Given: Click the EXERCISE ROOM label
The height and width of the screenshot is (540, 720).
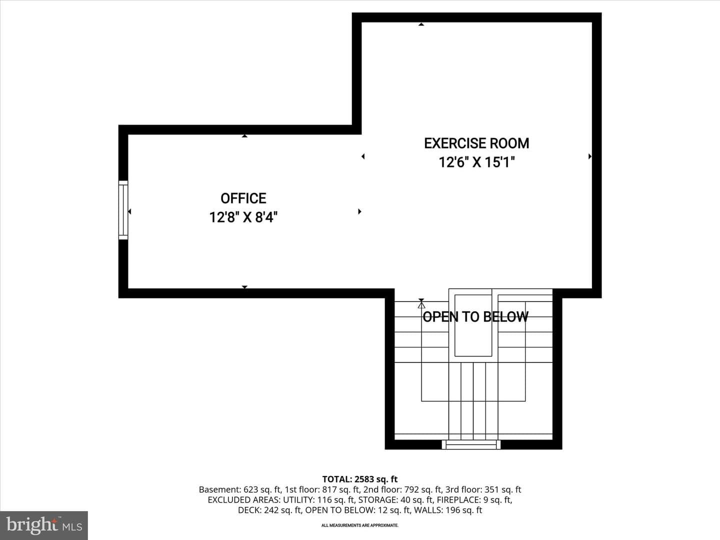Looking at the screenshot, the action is click(476, 143).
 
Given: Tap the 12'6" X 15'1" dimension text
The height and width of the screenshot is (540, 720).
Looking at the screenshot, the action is click(476, 162).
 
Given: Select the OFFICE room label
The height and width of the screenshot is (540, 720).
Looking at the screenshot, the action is click(243, 198).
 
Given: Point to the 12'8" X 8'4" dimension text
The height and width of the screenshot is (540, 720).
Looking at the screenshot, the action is click(243, 217).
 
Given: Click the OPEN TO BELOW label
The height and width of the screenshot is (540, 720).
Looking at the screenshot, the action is click(475, 316).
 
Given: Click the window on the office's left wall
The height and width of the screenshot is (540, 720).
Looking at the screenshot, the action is click(123, 210).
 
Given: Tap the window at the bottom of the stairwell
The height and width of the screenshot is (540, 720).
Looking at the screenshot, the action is click(471, 444).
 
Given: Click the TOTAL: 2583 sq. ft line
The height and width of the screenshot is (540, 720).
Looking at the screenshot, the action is click(360, 479).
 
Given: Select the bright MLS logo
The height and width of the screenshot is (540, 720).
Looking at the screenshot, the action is click(44, 525).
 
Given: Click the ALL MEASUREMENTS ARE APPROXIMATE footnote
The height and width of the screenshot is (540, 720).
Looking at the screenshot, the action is click(360, 525).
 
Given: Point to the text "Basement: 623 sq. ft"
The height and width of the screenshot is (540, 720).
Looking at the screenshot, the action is click(240, 490).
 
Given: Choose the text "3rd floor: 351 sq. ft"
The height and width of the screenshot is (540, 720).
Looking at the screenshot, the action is click(483, 490).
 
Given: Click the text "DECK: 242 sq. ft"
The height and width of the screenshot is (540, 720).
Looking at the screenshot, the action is click(269, 510).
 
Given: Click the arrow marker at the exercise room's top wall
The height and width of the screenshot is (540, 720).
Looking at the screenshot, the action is click(421, 24).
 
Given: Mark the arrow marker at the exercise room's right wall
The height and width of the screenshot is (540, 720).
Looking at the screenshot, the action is click(590, 156).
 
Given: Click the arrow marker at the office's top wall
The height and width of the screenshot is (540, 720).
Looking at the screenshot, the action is click(244, 135).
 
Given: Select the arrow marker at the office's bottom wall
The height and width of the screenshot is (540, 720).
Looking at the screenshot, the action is click(244, 287).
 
